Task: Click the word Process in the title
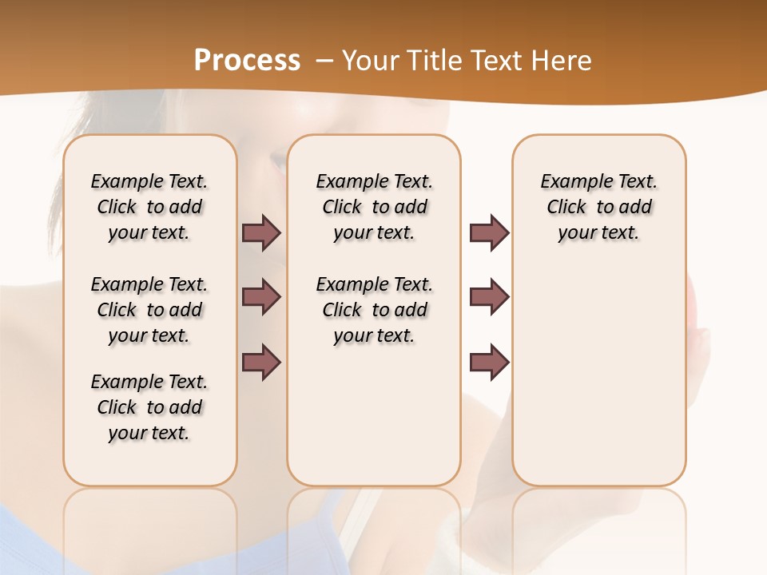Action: pyautogui.click(x=247, y=61)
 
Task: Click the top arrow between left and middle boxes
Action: pyautogui.click(x=261, y=232)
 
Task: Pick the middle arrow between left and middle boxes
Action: pyautogui.click(x=261, y=297)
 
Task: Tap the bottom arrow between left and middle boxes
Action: pyautogui.click(x=261, y=363)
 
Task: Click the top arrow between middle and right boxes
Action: pyautogui.click(x=489, y=232)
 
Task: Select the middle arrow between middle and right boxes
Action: pyautogui.click(x=489, y=297)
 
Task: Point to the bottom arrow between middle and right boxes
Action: pyautogui.click(x=489, y=363)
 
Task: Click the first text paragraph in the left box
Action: pyautogui.click(x=149, y=207)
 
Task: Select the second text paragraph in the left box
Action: pyautogui.click(x=149, y=310)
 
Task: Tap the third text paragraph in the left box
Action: pyautogui.click(x=149, y=407)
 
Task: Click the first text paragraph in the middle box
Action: pyautogui.click(x=374, y=207)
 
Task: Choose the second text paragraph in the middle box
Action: pyautogui.click(x=374, y=310)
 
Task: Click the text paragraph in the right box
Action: pyautogui.click(x=598, y=207)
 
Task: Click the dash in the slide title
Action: pyautogui.click(x=324, y=61)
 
